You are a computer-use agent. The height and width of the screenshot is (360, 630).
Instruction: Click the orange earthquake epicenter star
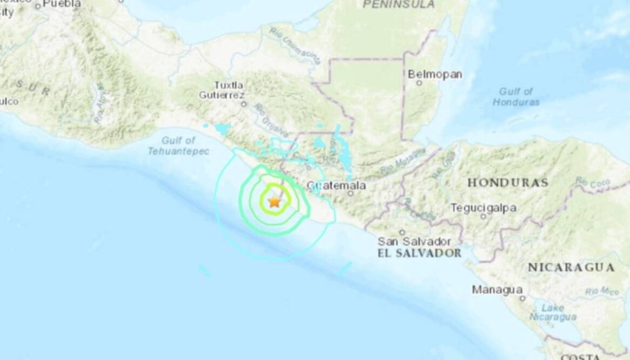coord(274,202)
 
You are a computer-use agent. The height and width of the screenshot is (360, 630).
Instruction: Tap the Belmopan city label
coord(434,74)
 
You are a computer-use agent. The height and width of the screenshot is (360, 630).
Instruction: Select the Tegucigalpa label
coord(483,208)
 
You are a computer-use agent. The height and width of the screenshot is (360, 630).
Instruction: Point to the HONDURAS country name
coord(507,183)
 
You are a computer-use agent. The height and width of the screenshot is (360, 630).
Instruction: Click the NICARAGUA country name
coord(571,268)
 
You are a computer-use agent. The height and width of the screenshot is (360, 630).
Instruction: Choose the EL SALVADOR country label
coord(419,253)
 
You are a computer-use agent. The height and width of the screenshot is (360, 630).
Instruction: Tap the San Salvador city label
coord(414,242)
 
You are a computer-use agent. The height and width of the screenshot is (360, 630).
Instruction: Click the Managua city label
coord(497,290)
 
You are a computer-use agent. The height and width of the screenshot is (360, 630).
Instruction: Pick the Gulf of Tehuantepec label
coord(178,146)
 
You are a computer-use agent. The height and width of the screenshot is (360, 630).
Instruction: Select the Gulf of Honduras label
coord(516,97)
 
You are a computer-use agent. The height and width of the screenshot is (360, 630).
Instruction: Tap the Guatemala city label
coord(336,185)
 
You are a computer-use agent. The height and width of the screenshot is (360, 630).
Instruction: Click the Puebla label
coord(62,4)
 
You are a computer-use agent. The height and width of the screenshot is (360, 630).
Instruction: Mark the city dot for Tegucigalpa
coord(484,217)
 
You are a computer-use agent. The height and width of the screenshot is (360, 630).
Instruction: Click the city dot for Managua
coord(522,298)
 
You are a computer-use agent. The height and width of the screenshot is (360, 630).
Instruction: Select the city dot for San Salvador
coord(402,232)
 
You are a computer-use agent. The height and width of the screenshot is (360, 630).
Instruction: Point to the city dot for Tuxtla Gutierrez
coord(244,104)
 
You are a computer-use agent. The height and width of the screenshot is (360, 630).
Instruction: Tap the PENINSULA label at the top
coord(399,4)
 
